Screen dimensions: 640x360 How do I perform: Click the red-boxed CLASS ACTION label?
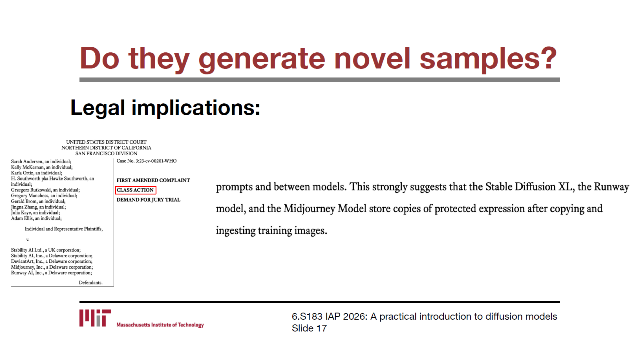[135, 190]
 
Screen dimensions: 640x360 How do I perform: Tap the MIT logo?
[95, 318]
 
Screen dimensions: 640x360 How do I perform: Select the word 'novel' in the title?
[372, 58]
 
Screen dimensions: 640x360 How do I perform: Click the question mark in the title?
[547, 58]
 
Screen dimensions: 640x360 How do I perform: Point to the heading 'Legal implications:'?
[165, 108]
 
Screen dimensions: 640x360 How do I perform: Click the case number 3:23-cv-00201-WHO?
[156, 161]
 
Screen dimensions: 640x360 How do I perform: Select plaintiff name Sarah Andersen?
[27, 161]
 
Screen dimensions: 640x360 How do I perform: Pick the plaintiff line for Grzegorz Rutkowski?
[45, 190]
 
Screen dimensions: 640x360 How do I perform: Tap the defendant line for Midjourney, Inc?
[52, 267]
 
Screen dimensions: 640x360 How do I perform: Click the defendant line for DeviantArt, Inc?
[52, 261]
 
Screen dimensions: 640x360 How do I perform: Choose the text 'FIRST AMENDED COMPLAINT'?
[153, 180]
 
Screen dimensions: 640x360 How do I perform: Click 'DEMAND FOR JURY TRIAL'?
[148, 200]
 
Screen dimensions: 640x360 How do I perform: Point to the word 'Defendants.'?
[91, 283]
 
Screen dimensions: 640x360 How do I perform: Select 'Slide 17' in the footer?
[309, 328]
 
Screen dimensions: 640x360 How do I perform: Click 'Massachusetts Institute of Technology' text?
[160, 325]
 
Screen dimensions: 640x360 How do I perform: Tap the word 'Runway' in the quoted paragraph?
[611, 187]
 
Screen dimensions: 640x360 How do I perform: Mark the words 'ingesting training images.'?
[271, 231]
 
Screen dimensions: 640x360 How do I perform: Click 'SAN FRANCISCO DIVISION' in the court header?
[106, 153]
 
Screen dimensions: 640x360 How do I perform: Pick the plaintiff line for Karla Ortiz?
[37, 173]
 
